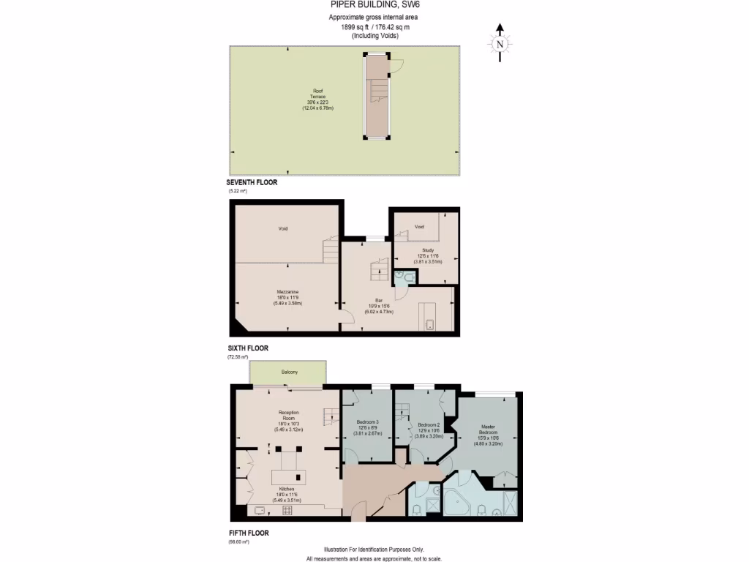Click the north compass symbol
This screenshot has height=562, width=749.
pos(500,44)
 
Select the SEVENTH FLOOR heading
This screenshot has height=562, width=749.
pos(252,182)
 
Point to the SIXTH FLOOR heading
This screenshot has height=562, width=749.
pos(247,348)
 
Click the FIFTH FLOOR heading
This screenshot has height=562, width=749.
pos(247,533)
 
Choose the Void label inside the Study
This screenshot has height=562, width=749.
pos(419,227)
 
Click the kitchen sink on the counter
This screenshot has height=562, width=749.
pos(261,509)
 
